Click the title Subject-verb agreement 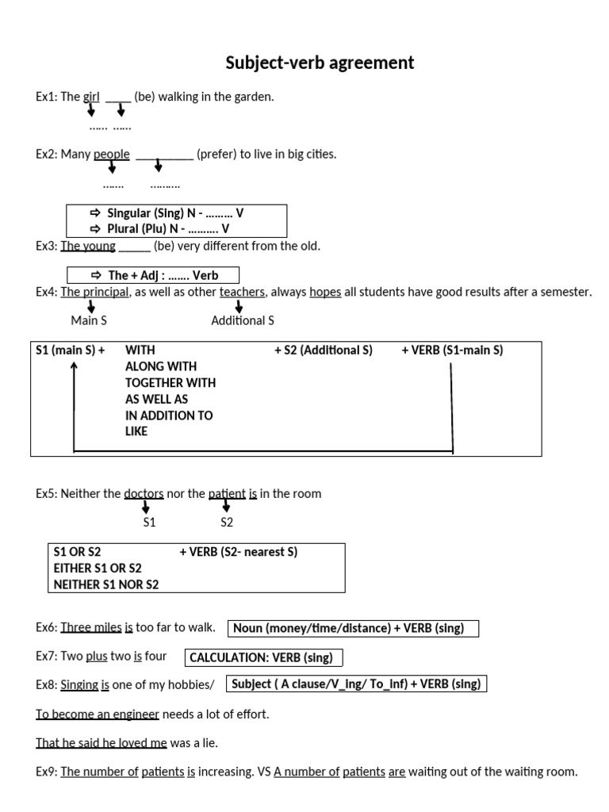[x=320, y=62]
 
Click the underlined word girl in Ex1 [x=91, y=97]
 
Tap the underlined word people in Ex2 [x=112, y=154]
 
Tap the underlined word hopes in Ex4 [x=325, y=292]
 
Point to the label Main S [x=90, y=320]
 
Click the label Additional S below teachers [x=243, y=320]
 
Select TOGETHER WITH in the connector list [x=170, y=382]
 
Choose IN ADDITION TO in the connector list [x=169, y=415]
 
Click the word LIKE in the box [x=136, y=431]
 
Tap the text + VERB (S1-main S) [x=452, y=350]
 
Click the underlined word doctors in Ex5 [x=144, y=493]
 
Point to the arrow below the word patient [x=227, y=505]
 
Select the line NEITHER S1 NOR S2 [x=106, y=584]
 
